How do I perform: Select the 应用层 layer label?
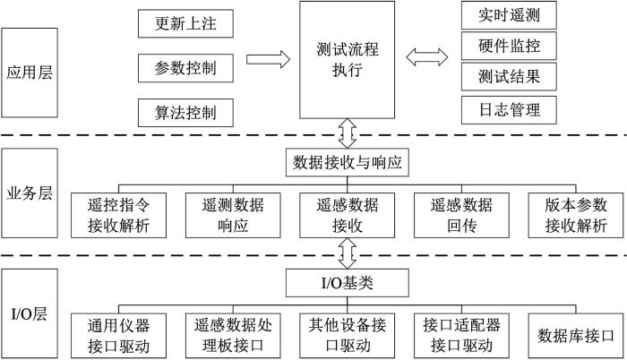(30, 72)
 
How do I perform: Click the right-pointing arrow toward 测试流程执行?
(268, 60)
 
